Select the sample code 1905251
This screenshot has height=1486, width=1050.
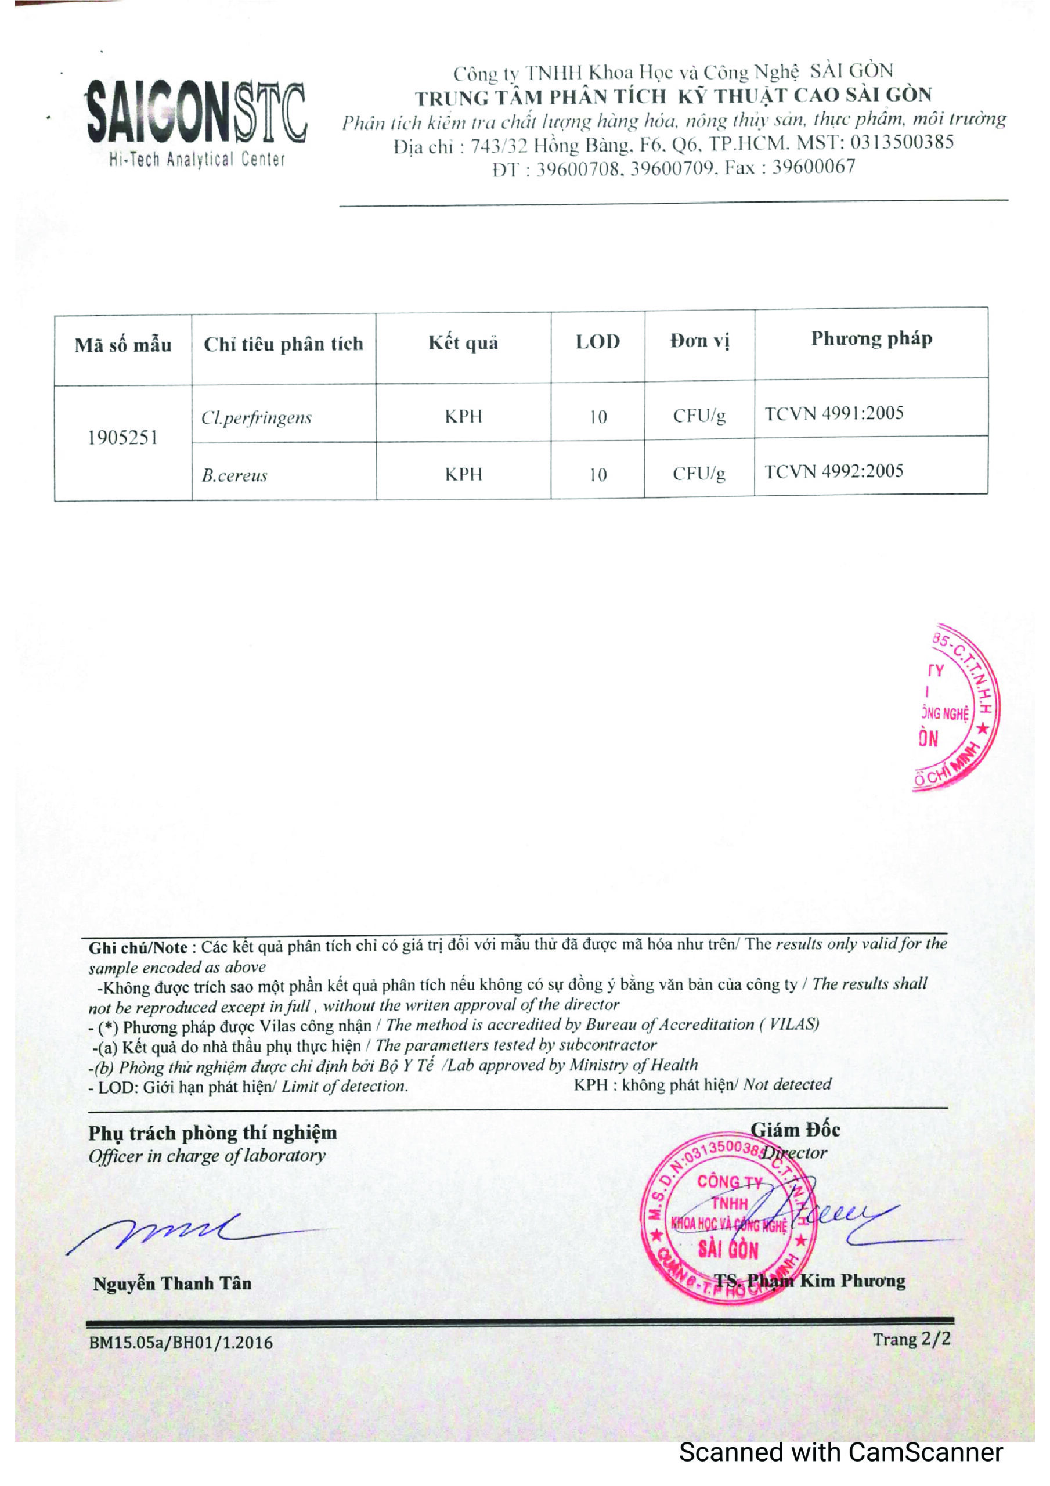pos(122,438)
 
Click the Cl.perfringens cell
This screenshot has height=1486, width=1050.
pos(257,417)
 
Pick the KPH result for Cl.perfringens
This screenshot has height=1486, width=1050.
pos(464,416)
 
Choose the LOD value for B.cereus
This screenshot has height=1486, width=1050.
pos(597,475)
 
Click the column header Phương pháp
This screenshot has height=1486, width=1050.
pos(871,338)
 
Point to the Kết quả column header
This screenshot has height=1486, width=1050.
pos(464,342)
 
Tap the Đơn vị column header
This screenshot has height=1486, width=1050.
pos(699,340)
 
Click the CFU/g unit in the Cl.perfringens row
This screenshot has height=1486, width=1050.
pos(699,416)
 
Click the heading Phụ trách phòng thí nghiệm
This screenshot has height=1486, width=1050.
pos(213,1133)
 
